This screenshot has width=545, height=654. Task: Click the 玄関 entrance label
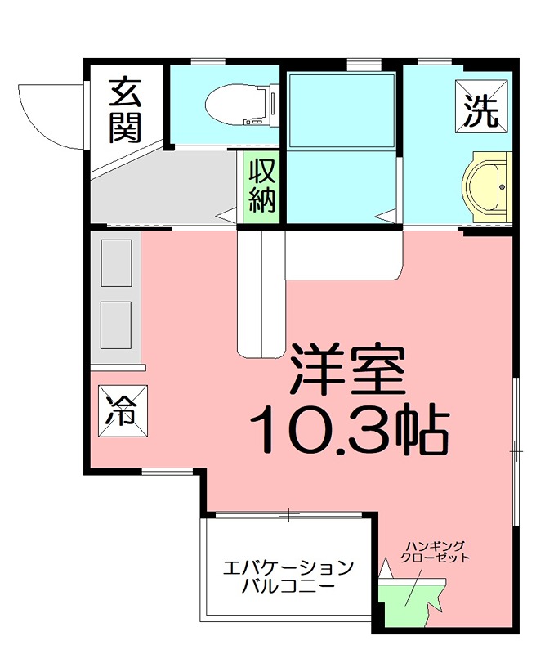coord(126,110)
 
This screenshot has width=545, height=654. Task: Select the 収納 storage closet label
coord(261,186)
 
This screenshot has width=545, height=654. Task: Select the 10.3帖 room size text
coord(350,428)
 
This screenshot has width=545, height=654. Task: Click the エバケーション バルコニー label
coord(288,577)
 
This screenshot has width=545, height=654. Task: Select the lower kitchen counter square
coord(115,323)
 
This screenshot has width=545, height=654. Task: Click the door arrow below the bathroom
coord(384,216)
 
